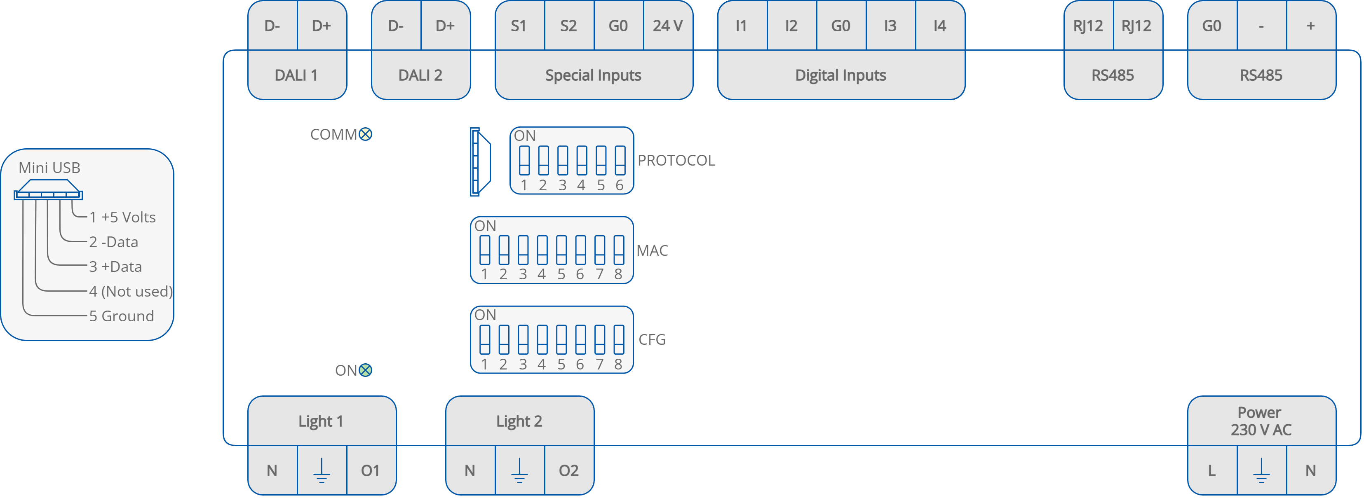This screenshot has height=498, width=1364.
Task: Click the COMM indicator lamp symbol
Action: coord(365,134)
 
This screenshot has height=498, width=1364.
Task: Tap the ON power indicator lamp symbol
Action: coord(365,370)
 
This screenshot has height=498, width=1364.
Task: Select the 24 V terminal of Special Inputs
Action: coord(667,26)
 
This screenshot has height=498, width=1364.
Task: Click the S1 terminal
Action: coord(519,26)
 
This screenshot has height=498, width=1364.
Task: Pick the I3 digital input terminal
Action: coord(890,26)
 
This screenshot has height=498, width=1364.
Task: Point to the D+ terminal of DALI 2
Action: coord(445,26)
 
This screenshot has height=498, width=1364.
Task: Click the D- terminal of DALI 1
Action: coord(272,26)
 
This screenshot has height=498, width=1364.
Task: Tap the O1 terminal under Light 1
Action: coord(370,470)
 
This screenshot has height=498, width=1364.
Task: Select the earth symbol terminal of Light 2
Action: coord(519,470)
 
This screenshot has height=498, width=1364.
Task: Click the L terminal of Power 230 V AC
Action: coord(1211,470)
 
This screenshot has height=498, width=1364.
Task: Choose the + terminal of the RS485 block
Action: coord(1310,26)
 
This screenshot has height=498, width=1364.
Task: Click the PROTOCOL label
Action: coord(676,160)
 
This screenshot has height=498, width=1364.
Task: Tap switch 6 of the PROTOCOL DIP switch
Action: coord(620,160)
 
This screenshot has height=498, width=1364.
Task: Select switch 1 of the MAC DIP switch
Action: coord(484,250)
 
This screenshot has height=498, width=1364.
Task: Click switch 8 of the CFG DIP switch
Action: coord(618,339)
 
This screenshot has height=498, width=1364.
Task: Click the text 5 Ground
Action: coord(121,316)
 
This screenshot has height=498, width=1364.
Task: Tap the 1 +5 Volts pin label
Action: coord(122,217)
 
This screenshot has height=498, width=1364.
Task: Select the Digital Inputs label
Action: coord(840,75)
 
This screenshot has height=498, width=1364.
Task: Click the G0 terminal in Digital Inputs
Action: coord(840,26)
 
